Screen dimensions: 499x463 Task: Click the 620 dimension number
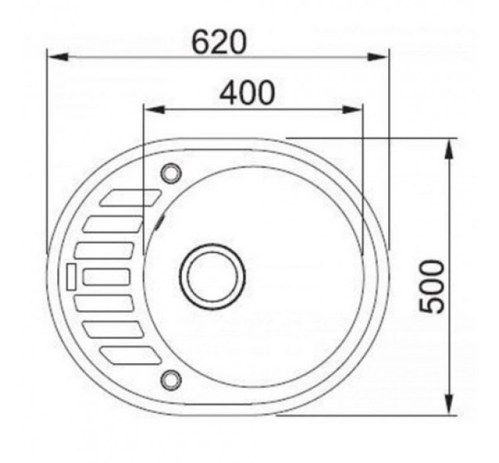[x=219, y=42]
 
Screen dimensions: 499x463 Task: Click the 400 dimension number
[x=247, y=93]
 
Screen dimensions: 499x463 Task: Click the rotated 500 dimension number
[x=431, y=287]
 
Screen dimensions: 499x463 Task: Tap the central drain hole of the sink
[x=212, y=276]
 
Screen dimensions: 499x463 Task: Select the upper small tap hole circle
[x=171, y=173]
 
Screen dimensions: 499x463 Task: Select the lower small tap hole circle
[x=171, y=379]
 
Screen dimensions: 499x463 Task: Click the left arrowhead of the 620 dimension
[x=57, y=57]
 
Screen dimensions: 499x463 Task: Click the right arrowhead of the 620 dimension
[x=377, y=57]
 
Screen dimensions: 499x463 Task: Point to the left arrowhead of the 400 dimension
[x=154, y=110]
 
